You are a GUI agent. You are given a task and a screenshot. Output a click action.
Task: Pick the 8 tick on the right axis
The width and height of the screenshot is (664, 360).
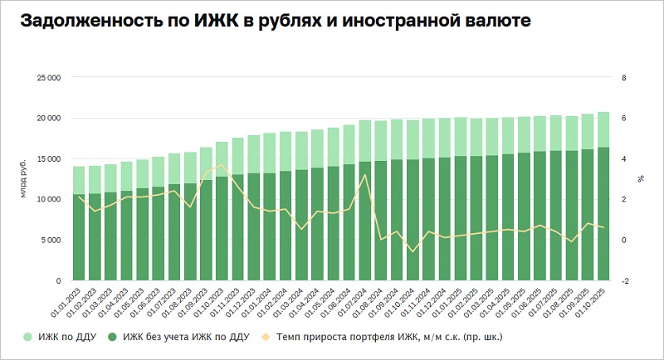623,78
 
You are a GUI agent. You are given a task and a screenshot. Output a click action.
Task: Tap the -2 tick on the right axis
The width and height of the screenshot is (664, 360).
625,281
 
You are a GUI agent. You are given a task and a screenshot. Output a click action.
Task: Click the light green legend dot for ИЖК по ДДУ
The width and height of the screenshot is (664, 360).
27,337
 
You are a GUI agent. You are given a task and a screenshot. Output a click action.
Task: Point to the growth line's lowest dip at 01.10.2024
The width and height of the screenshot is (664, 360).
413,251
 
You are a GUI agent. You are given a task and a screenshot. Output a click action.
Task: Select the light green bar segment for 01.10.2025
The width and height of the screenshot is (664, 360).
603,129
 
